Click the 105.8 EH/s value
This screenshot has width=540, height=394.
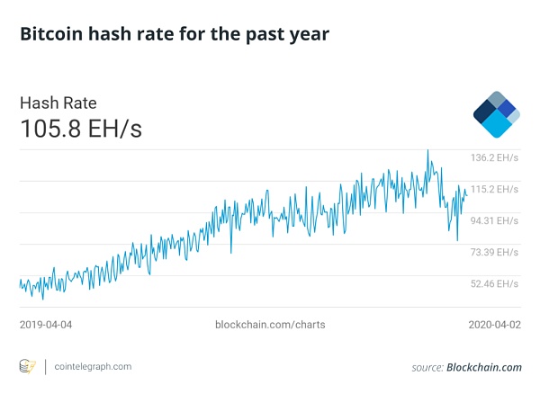81,129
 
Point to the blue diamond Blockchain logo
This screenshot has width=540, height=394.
496,114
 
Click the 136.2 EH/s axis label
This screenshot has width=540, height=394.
495,157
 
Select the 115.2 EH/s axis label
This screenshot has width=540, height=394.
495,189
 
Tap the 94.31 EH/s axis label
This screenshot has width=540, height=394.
495,220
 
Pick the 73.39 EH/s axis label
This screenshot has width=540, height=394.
495,252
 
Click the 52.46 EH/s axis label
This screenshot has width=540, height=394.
495,283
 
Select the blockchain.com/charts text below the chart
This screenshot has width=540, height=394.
271,323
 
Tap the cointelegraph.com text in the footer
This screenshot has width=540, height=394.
93,367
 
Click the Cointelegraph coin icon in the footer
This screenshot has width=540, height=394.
28,367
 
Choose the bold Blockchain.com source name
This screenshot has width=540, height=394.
484,367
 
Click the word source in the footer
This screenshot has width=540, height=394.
427,367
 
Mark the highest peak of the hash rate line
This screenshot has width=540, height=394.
427,150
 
